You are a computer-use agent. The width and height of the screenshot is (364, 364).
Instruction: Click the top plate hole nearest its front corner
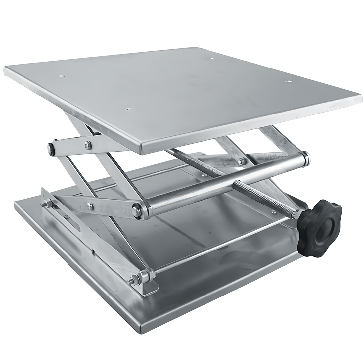point(127,108)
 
